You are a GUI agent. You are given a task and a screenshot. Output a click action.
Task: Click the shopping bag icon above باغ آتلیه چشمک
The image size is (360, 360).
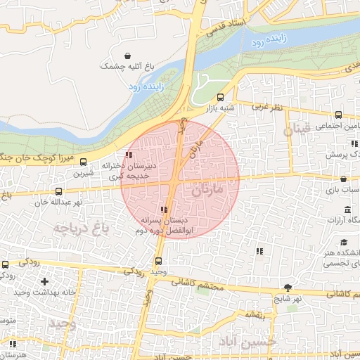(127, 56)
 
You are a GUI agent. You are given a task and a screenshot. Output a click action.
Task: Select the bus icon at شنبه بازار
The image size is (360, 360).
(221, 98)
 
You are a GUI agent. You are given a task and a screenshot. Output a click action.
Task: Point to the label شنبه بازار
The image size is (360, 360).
(219, 109)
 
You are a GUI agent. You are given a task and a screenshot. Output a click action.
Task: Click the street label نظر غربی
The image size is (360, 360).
(267, 106)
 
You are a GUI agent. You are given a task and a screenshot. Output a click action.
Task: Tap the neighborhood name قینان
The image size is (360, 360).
(296, 131)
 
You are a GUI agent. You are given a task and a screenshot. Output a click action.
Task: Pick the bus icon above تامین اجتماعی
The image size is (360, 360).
(338, 115)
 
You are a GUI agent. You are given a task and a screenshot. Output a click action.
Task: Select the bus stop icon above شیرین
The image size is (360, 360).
(84, 162)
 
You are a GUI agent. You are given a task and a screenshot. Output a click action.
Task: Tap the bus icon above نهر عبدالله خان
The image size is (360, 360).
(58, 191)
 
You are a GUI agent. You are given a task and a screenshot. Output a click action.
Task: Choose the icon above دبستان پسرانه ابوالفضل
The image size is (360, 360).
(164, 210)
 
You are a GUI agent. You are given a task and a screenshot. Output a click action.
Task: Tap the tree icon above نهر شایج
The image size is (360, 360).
(287, 287)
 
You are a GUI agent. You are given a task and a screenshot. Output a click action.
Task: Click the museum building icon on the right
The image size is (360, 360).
(347, 210)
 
